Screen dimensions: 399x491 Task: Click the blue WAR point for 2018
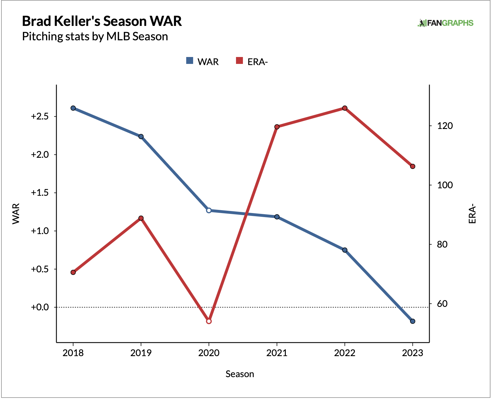(73, 108)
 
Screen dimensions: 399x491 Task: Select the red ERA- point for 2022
(345, 108)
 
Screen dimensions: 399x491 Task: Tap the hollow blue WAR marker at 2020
(209, 210)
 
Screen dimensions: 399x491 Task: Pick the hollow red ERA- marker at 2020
(209, 321)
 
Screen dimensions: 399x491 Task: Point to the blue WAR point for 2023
(412, 321)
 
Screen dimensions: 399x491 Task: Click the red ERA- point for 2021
(277, 127)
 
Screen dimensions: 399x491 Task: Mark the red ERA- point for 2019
(141, 218)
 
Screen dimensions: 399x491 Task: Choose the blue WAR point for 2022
(345, 250)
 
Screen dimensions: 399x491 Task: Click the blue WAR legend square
(190, 61)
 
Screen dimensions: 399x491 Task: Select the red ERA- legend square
(239, 61)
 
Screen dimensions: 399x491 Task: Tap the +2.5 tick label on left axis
(40, 117)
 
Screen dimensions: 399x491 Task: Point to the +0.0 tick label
(40, 307)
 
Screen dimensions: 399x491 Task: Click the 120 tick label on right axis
(445, 126)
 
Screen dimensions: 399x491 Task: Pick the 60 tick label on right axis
(442, 304)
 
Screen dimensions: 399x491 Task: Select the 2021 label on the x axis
(277, 353)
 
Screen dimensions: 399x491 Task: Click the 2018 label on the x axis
(73, 353)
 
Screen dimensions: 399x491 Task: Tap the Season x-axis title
(240, 374)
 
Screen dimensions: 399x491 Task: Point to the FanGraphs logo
(445, 23)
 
